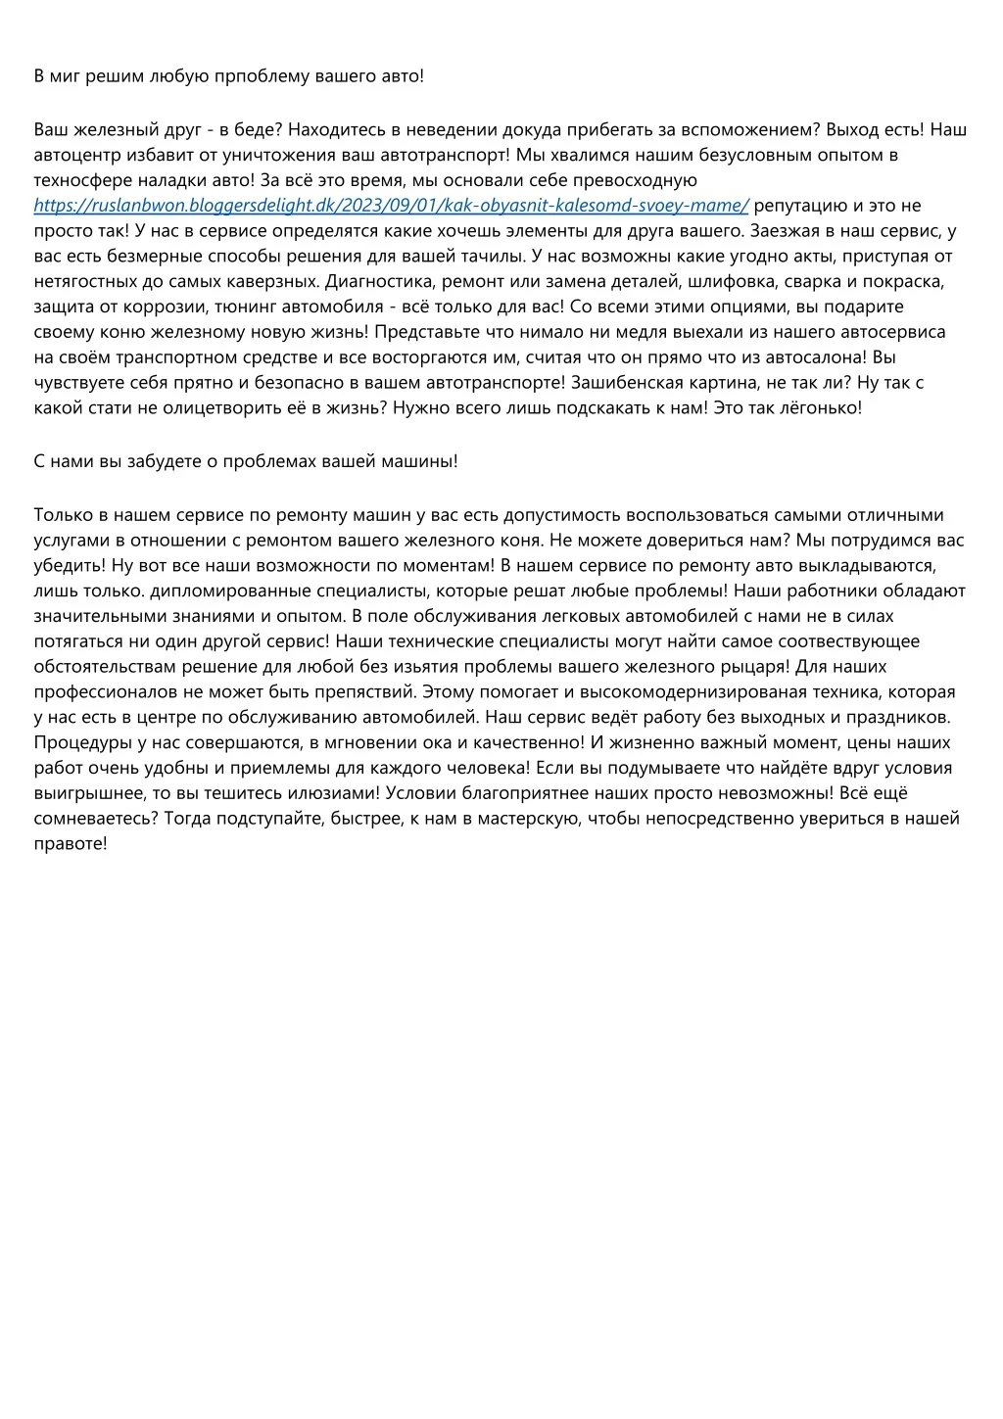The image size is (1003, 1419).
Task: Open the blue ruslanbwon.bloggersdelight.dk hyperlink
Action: pos(392,206)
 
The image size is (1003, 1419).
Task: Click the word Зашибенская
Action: pos(634,383)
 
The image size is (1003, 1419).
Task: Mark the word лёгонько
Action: pos(821,408)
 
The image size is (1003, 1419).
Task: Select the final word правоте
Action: pos(70,843)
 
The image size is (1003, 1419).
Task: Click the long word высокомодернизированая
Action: pos(685,692)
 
